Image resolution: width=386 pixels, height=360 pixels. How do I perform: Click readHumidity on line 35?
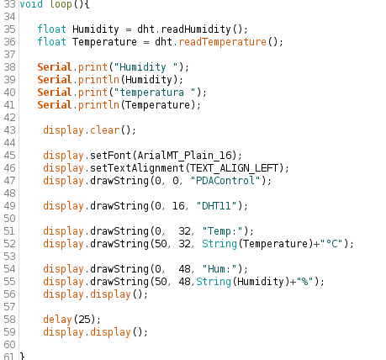tap(196, 29)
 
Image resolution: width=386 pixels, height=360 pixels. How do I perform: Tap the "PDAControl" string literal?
tap(225, 181)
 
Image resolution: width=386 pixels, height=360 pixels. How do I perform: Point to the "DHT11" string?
tap(217, 206)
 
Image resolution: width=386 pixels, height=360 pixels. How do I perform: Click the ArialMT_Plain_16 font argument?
tap(185, 156)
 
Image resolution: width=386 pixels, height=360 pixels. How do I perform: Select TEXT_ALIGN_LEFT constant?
tap(234, 168)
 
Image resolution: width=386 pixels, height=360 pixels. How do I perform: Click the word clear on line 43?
tap(104, 130)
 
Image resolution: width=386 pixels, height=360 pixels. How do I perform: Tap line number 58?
tap(9, 320)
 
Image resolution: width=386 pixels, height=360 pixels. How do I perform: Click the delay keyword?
tap(57, 320)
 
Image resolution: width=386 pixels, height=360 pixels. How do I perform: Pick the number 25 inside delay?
tap(84, 320)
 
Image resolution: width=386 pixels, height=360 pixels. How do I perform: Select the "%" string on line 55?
tap(305, 282)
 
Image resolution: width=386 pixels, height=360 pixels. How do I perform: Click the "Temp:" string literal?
tap(223, 231)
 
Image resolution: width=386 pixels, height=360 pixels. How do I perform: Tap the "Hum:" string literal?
tap(219, 269)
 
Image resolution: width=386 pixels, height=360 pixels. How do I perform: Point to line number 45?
tap(9, 156)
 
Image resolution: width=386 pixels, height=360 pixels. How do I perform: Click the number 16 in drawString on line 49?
tap(178, 206)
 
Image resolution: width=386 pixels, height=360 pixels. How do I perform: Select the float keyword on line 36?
tap(51, 42)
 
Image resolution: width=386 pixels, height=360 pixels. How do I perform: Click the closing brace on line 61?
tap(23, 357)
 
